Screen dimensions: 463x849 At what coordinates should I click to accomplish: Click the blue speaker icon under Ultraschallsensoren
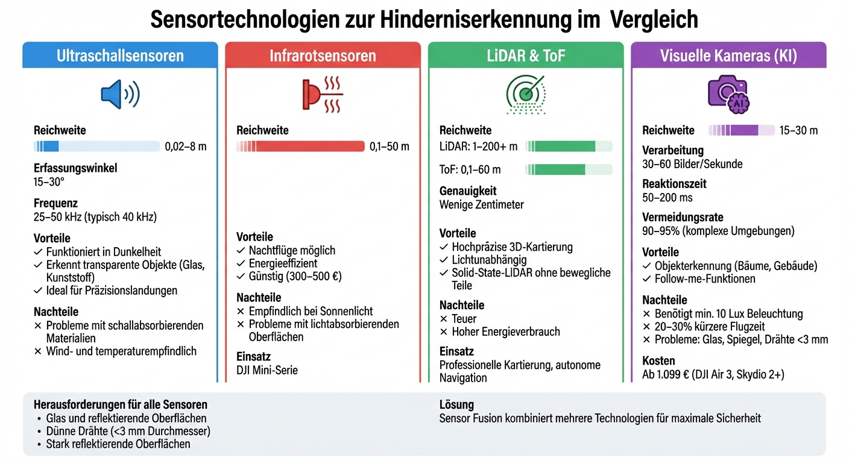tap(119, 94)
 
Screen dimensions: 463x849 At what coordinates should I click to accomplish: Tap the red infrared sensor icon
tap(322, 94)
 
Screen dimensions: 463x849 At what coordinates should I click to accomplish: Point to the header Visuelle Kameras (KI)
tap(728, 56)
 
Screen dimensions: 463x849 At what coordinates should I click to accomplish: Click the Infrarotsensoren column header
tap(322, 56)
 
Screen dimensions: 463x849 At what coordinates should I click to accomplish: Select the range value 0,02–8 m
tap(186, 146)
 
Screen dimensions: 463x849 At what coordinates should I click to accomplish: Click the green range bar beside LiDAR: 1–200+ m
tap(568, 146)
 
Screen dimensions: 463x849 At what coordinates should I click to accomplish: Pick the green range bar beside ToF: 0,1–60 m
tap(568, 169)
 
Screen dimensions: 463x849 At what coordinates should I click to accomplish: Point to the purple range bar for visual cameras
tap(741, 130)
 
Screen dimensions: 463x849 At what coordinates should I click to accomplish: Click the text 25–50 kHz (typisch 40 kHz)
tap(95, 217)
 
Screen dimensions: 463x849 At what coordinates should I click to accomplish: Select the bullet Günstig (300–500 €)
tap(295, 277)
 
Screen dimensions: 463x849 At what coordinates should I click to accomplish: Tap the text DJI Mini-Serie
tap(267, 370)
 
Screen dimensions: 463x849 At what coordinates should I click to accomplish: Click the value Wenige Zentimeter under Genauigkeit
tap(481, 204)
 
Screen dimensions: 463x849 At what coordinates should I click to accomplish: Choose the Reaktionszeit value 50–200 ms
tap(668, 197)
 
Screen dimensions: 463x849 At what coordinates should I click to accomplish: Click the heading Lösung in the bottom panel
tap(456, 405)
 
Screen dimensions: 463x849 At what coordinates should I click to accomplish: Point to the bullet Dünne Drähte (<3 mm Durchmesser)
tap(128, 431)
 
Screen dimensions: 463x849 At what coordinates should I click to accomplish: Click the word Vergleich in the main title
tap(654, 19)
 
